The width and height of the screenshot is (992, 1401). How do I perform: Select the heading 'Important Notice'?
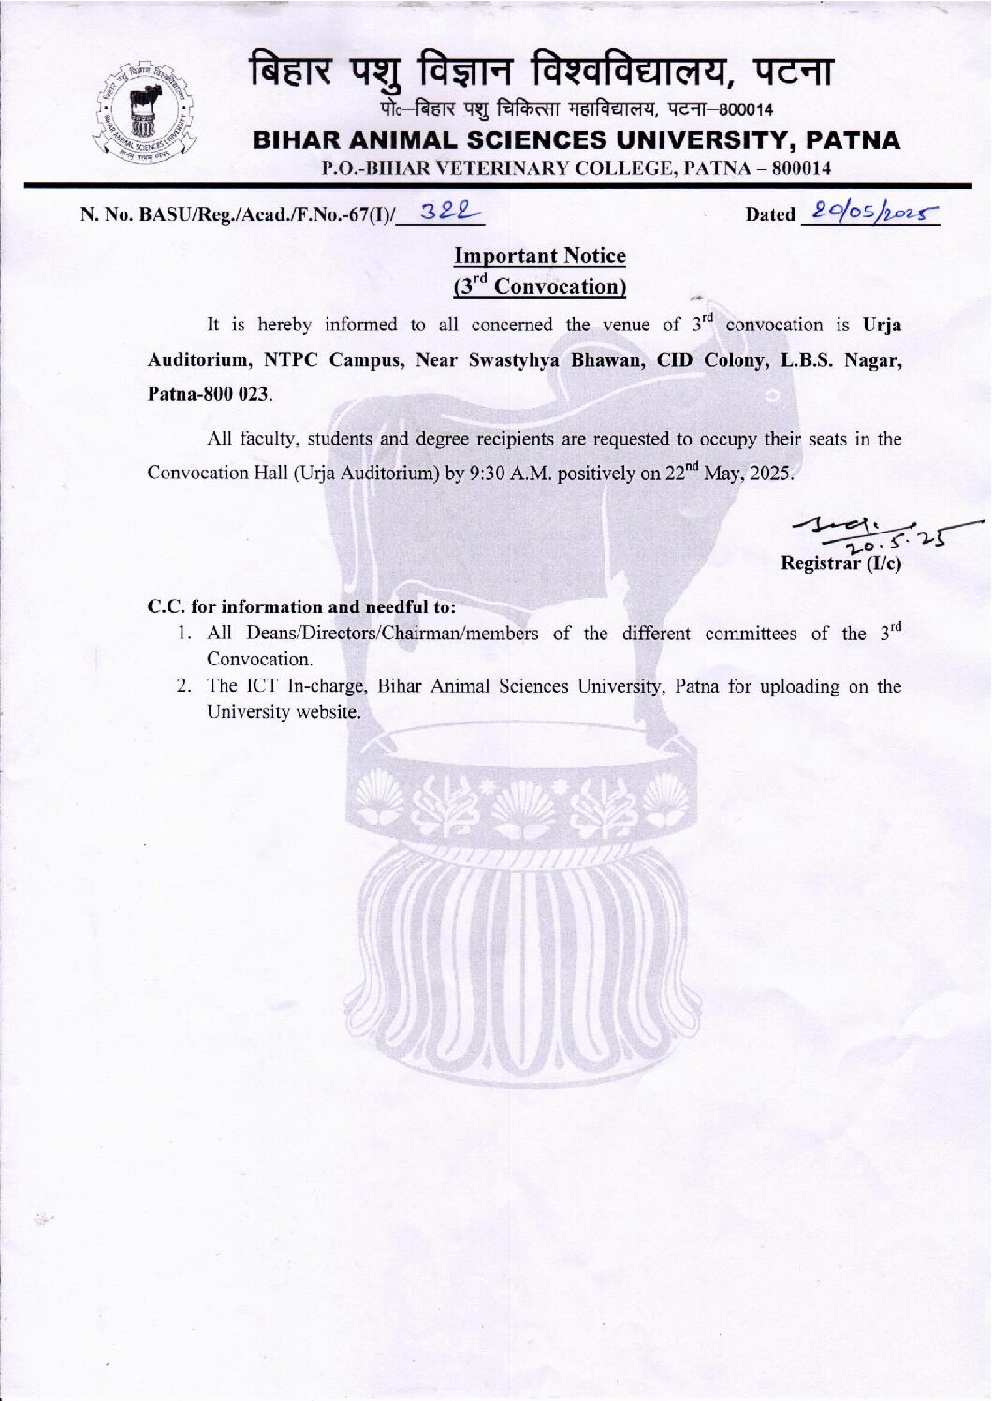pos(540,255)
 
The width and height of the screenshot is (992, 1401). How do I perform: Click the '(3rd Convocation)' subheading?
pos(540,286)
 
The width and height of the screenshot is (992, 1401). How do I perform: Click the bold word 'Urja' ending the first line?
pos(882,326)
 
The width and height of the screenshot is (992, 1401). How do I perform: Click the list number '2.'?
pos(185,686)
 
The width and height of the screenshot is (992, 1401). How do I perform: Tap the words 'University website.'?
pos(284,711)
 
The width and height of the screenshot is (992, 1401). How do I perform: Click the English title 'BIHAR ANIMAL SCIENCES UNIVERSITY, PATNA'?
pos(577,140)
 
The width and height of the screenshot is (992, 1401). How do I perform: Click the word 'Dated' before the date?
pos(769,214)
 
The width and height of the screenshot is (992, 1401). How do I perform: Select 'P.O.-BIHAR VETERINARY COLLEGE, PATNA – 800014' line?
pos(576,168)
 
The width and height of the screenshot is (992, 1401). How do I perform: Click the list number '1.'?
pos(185,634)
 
